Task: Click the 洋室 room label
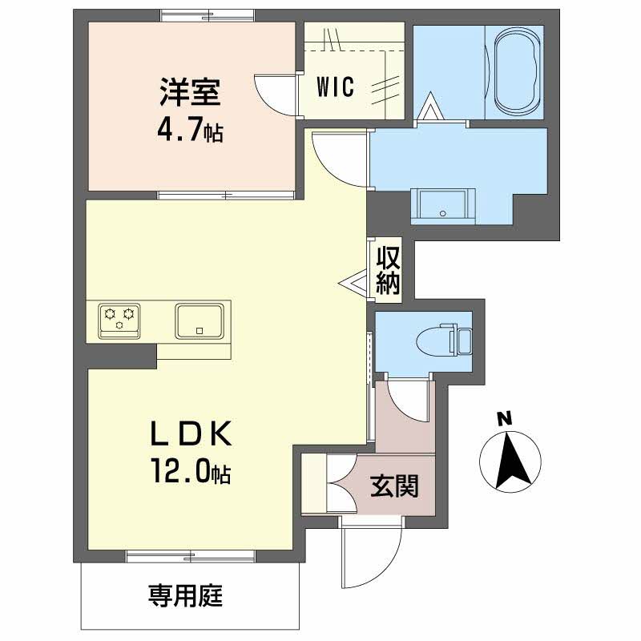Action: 190,91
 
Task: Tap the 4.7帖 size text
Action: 190,131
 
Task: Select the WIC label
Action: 335,87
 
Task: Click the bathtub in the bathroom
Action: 518,73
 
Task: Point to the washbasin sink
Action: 443,206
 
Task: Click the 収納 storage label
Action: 388,270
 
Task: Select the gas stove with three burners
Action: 119,320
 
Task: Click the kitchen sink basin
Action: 200,321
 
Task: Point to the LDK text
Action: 191,433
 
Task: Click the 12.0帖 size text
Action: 191,471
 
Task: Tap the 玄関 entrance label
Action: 394,486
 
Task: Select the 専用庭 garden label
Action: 185,595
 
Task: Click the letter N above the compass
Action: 505,418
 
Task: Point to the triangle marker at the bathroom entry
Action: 429,107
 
